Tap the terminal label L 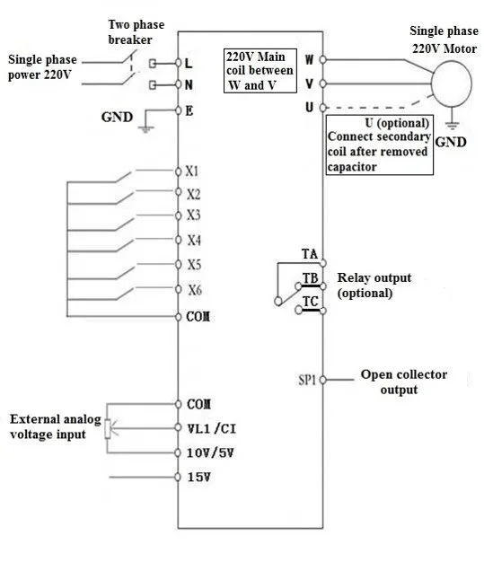(189, 64)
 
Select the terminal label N (189, 85)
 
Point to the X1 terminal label (192, 171)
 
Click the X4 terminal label (194, 240)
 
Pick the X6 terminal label (195, 290)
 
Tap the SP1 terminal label (307, 380)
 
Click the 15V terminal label (199, 477)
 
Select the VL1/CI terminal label (212, 428)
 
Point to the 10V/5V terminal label (210, 453)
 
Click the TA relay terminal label (310, 254)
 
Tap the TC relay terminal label (311, 302)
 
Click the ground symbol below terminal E (145, 129)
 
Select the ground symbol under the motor (452, 126)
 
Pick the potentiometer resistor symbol (108, 429)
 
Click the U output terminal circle (322, 107)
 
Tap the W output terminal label (310, 59)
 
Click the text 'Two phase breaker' (136, 32)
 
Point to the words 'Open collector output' (404, 382)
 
